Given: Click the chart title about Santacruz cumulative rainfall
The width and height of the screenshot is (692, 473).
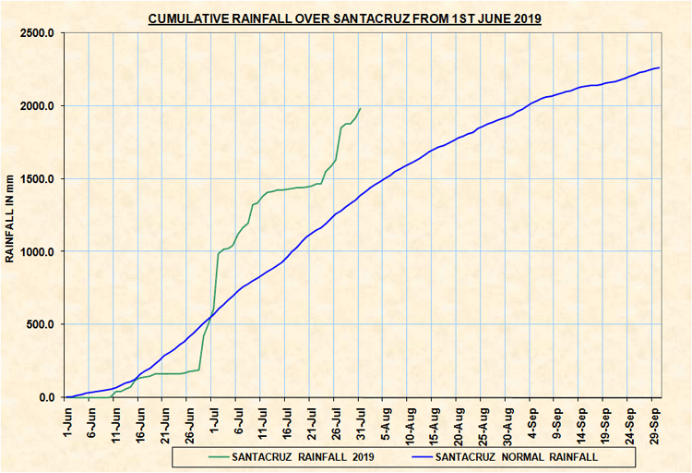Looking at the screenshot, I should (346, 18).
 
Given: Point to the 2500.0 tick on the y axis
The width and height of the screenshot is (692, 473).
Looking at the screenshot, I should (36, 33).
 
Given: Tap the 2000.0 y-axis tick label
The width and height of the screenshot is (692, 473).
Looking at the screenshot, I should (36, 106).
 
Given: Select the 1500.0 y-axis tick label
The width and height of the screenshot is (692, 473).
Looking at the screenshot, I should (36, 179).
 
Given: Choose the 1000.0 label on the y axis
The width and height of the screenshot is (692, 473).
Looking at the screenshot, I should (36, 252).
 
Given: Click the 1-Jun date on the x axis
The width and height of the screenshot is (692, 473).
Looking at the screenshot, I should (67, 419).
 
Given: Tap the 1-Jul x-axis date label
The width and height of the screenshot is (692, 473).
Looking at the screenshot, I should (214, 419).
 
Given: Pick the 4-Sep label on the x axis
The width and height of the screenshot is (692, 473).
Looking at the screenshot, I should (532, 419).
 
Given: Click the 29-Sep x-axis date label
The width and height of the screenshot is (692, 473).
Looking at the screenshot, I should (654, 421).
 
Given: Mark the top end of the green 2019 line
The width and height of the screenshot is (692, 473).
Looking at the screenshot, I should (361, 108).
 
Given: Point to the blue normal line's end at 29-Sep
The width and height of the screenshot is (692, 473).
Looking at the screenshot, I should (659, 67).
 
